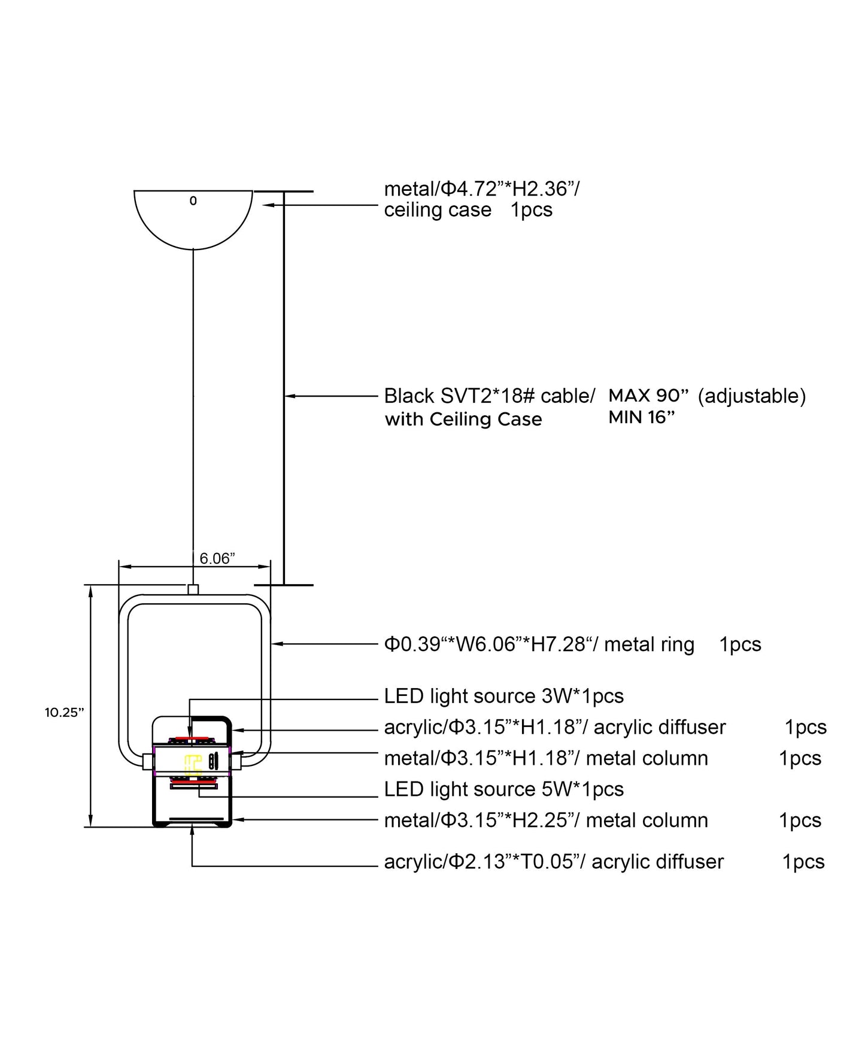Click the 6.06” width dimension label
(x=217, y=558)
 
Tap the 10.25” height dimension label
(x=65, y=713)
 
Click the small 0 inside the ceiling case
(x=193, y=201)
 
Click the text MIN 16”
(x=642, y=417)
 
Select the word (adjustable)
(x=752, y=396)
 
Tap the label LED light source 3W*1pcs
(x=504, y=696)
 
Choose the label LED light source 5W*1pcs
(x=504, y=789)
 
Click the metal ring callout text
(x=539, y=644)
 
